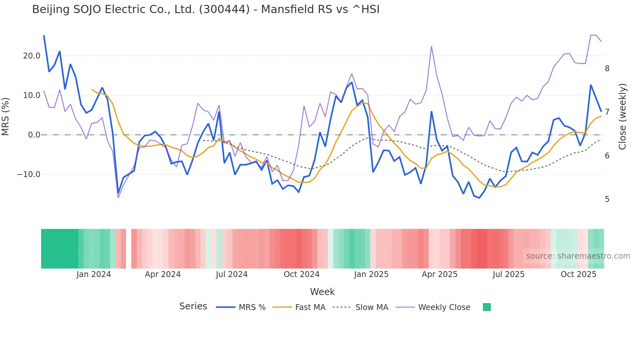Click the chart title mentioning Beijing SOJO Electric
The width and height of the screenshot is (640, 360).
point(206,9)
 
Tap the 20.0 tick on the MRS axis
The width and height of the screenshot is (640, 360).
point(32,56)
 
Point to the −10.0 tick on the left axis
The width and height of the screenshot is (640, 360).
point(29,174)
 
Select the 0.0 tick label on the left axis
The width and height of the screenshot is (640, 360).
point(34,135)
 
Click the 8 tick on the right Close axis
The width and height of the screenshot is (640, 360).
point(607,69)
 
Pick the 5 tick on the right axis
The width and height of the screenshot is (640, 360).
point(607,199)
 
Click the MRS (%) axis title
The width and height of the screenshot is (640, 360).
point(6,116)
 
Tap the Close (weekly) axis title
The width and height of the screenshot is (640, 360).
point(622,117)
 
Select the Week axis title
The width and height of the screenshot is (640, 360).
point(322,292)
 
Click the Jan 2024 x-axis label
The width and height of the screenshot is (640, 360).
point(94,274)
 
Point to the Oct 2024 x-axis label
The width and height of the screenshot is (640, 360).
point(301,274)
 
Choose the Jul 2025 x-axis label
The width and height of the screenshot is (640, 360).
point(508,274)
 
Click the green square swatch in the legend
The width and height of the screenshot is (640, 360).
point(487,307)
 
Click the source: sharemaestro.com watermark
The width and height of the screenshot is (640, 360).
point(578,256)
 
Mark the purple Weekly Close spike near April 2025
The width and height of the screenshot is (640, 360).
point(431,47)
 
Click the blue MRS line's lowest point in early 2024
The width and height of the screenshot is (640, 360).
point(118,193)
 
